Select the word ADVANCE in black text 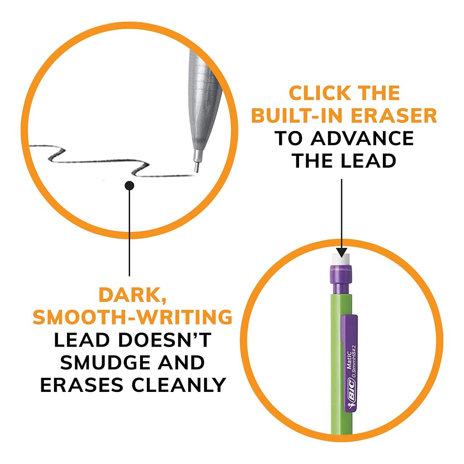click(362, 138)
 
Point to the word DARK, click(133, 295)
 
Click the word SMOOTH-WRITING click(133, 317)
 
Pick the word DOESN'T click(165, 340)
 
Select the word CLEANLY click(179, 385)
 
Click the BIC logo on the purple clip click(351, 392)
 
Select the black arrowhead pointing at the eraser click(342, 252)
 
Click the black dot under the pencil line click(129, 185)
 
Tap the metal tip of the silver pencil click(197, 161)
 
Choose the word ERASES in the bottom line click(82, 385)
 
